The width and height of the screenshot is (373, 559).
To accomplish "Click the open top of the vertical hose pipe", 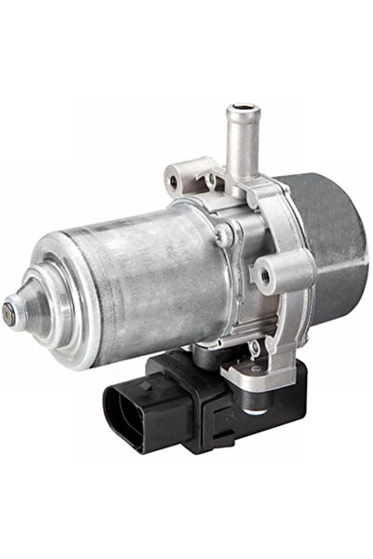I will [x=237, y=114].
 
